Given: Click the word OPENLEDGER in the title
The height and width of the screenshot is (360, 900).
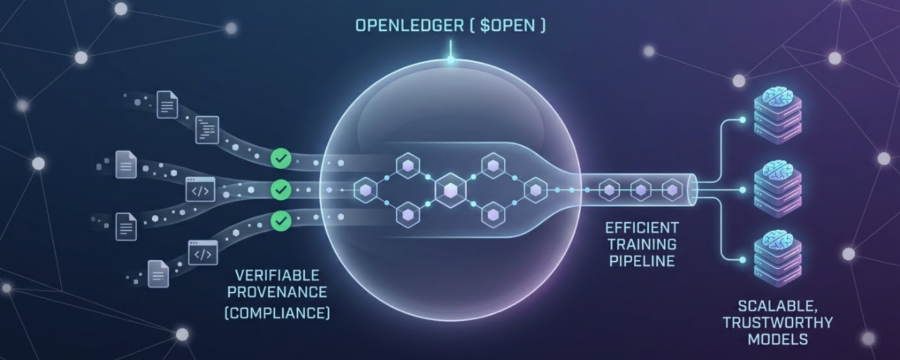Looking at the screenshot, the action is pos(409,25).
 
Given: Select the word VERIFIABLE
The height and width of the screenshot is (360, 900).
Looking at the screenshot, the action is pos(277,276).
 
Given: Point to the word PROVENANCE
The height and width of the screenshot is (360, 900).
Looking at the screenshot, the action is pos(277,292).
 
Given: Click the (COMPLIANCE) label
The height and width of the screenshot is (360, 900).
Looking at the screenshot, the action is pos(277,313).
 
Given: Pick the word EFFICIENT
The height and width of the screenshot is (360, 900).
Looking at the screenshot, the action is pos(642,228).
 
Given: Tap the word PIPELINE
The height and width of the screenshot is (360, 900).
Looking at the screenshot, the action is pos(642,261).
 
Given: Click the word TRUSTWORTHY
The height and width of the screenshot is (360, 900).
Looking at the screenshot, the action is pos(778,323).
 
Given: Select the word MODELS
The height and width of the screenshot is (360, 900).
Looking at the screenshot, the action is pos(778,339).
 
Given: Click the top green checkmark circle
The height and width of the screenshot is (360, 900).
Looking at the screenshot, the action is pos(281,158).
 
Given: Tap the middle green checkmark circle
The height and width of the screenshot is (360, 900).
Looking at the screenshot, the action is pos(281,190).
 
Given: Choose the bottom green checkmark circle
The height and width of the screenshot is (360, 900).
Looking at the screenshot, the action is pos(281,221).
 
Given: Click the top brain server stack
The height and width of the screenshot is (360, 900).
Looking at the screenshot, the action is pos(778,115).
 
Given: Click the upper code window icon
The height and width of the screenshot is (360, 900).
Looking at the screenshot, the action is pos(200,189).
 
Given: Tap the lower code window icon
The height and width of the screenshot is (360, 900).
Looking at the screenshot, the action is pos(203,252).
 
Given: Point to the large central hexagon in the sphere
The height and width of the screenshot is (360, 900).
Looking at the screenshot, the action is pos(451,190).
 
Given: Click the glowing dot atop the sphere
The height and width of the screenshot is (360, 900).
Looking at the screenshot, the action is pos(451,60).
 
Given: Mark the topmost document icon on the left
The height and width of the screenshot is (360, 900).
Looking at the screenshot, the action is pos(167,105).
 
